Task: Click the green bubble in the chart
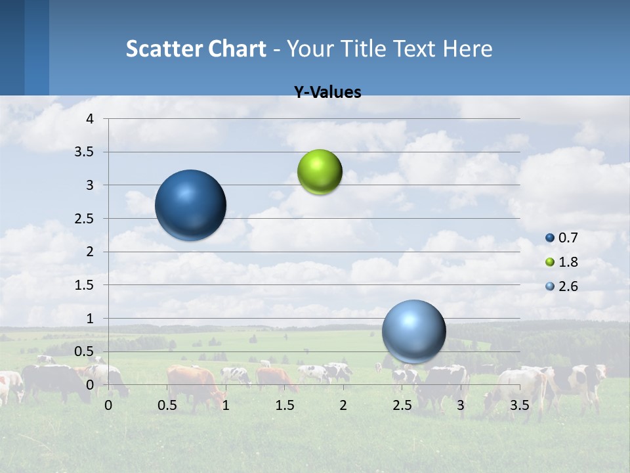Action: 320,172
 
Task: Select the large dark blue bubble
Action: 190,205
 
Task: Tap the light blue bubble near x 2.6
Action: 413,331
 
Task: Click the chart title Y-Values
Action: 327,93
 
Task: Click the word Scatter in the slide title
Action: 164,49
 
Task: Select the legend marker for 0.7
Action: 550,238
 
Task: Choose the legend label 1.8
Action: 568,262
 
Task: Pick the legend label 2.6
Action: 568,286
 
